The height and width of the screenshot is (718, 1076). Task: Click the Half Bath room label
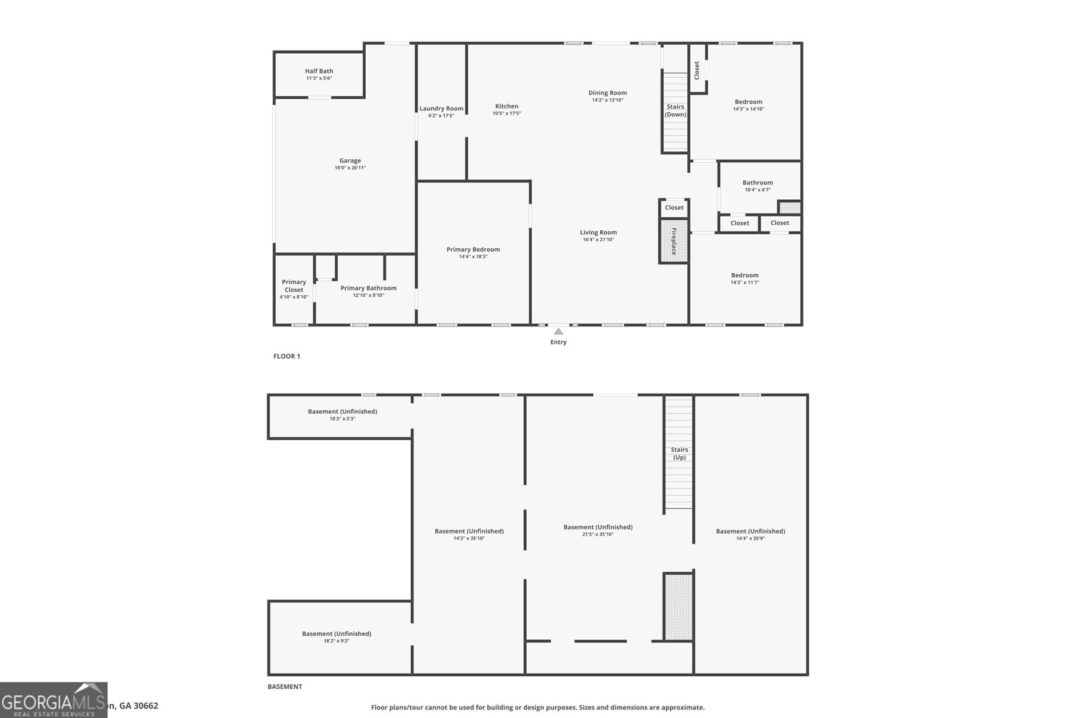tap(319, 71)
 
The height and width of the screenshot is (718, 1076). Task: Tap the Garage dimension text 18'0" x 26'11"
tap(350, 168)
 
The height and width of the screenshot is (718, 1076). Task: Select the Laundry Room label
tap(441, 108)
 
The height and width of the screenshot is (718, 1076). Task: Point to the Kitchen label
tap(506, 106)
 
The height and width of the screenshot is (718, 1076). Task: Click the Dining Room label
tap(607, 93)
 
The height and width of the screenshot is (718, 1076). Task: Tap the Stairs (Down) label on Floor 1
tap(675, 110)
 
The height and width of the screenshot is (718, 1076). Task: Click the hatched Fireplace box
tap(673, 241)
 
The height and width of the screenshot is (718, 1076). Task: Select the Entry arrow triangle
tap(558, 331)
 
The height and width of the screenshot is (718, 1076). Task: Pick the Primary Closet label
tap(294, 286)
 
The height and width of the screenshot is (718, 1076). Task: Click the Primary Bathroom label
tap(369, 288)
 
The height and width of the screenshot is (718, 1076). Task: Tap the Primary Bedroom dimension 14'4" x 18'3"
tap(473, 256)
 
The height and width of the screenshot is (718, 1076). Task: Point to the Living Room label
tap(598, 232)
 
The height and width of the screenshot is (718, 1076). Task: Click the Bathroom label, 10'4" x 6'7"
tap(757, 182)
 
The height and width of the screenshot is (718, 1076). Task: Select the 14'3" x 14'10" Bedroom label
tap(748, 102)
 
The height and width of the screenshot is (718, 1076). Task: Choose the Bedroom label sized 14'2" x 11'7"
tap(744, 275)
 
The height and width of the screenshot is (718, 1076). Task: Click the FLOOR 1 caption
tap(286, 356)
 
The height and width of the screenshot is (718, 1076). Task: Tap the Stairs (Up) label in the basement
tap(679, 454)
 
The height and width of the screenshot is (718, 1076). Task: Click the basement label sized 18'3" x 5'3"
tap(342, 411)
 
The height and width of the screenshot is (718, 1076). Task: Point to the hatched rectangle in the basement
tap(678, 606)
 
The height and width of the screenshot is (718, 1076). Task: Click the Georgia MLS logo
tap(53, 701)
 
